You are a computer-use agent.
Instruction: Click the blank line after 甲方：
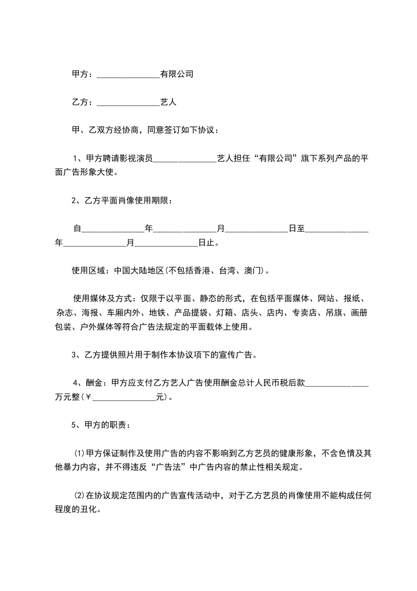click(128, 75)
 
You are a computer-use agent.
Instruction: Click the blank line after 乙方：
click(128, 103)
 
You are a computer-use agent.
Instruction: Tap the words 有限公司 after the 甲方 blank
click(177, 75)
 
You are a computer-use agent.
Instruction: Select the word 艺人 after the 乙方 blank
click(168, 103)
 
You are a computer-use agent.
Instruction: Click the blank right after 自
click(113, 229)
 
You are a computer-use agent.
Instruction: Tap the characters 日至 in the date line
click(297, 229)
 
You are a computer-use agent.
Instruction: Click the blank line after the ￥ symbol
click(124, 397)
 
